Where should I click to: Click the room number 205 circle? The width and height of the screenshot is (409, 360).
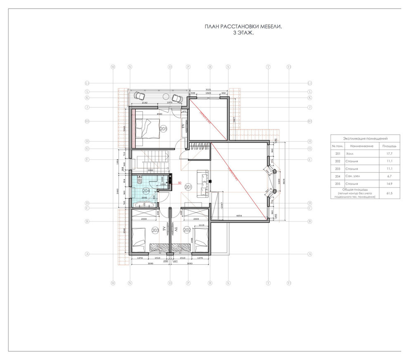[163, 129]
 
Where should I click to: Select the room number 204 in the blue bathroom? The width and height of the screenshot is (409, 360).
[146, 191]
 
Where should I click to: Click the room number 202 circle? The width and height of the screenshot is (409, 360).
[186, 230]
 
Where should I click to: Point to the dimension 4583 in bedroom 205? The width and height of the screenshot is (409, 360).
[159, 114]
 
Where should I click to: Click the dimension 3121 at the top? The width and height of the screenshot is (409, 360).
[209, 90]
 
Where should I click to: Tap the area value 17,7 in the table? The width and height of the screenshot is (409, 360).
[389, 154]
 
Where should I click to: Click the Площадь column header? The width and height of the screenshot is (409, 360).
[389, 146]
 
